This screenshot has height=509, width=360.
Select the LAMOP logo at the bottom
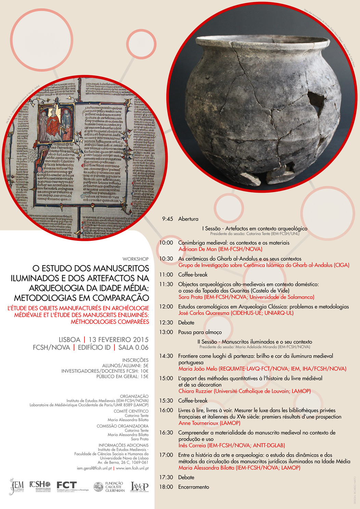[x=139, y=486]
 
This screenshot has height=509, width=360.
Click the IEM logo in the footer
[x=16, y=486]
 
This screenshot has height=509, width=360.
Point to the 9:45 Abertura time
[x=167, y=219]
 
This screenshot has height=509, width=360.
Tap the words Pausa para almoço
[x=200, y=332]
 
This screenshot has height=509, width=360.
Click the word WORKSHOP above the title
[x=136, y=259]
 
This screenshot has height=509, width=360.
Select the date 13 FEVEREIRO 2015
[x=118, y=340]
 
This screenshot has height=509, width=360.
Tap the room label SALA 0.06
[x=133, y=348]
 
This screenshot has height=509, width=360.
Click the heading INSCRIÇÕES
[x=135, y=360]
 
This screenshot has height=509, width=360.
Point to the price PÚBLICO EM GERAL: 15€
[x=122, y=376]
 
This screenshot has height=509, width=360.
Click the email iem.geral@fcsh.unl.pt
[x=94, y=468]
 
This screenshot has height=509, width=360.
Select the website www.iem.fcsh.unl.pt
[x=132, y=468]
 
